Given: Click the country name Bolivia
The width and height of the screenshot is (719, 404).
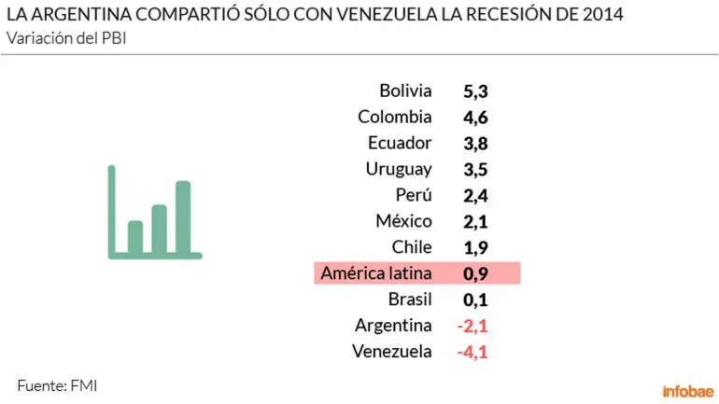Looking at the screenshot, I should click(405, 91).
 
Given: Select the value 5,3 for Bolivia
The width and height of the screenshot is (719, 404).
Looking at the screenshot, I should click(475, 91).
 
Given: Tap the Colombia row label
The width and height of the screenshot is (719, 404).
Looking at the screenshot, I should click(394, 117).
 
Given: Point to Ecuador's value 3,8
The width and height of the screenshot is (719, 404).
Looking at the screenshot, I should click(475, 144).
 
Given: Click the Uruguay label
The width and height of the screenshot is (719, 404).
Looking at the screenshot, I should click(398, 169).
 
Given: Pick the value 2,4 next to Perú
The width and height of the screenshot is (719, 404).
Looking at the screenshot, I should click(475, 196).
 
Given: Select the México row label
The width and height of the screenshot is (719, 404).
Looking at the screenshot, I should click(403, 221).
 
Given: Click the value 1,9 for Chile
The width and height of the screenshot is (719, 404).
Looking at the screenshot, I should click(475, 248).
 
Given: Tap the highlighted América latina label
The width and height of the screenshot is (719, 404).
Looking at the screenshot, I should click(375, 273).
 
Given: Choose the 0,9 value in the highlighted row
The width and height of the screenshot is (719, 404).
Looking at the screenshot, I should click(475, 274).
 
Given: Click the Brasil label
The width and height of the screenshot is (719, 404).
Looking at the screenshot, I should click(409, 300).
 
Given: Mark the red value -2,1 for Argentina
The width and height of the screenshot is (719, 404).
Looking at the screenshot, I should click(472, 327).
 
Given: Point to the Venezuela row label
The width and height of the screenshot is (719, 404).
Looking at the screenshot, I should click(392, 352).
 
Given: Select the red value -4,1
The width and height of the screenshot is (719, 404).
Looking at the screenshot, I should click(472, 353).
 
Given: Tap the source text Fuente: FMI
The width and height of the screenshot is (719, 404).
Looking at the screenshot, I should click(57, 384).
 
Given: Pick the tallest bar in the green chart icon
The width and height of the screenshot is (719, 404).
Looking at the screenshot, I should click(182, 216).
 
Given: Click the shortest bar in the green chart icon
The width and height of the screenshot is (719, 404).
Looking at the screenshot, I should click(135, 236).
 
